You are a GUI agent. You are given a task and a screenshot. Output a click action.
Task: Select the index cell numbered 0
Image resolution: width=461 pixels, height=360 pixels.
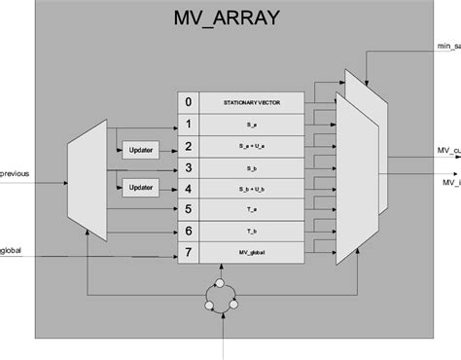click(189, 101)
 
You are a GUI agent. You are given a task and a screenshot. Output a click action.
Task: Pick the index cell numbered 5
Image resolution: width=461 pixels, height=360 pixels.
click(189, 207)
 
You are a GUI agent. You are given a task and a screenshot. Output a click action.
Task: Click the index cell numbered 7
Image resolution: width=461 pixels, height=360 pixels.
click(189, 252)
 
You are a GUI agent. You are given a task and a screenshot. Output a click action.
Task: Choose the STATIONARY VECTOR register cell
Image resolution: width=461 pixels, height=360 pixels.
click(250, 101)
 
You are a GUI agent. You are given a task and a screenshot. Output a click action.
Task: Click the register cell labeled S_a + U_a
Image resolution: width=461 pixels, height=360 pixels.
click(250, 147)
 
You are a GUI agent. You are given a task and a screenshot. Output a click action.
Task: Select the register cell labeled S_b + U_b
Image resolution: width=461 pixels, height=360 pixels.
click(250, 189)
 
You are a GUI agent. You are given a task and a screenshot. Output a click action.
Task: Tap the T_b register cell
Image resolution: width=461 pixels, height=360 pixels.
click(250, 231)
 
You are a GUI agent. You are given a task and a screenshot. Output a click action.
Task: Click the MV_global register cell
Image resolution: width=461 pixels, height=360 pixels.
click(250, 252)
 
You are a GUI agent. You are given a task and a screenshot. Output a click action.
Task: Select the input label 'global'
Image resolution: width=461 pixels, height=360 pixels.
click(12, 251)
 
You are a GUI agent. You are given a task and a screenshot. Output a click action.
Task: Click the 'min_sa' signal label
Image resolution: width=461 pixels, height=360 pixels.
click(447, 46)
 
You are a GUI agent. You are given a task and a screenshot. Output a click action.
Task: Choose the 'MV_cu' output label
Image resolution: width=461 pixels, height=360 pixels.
click(447, 151)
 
